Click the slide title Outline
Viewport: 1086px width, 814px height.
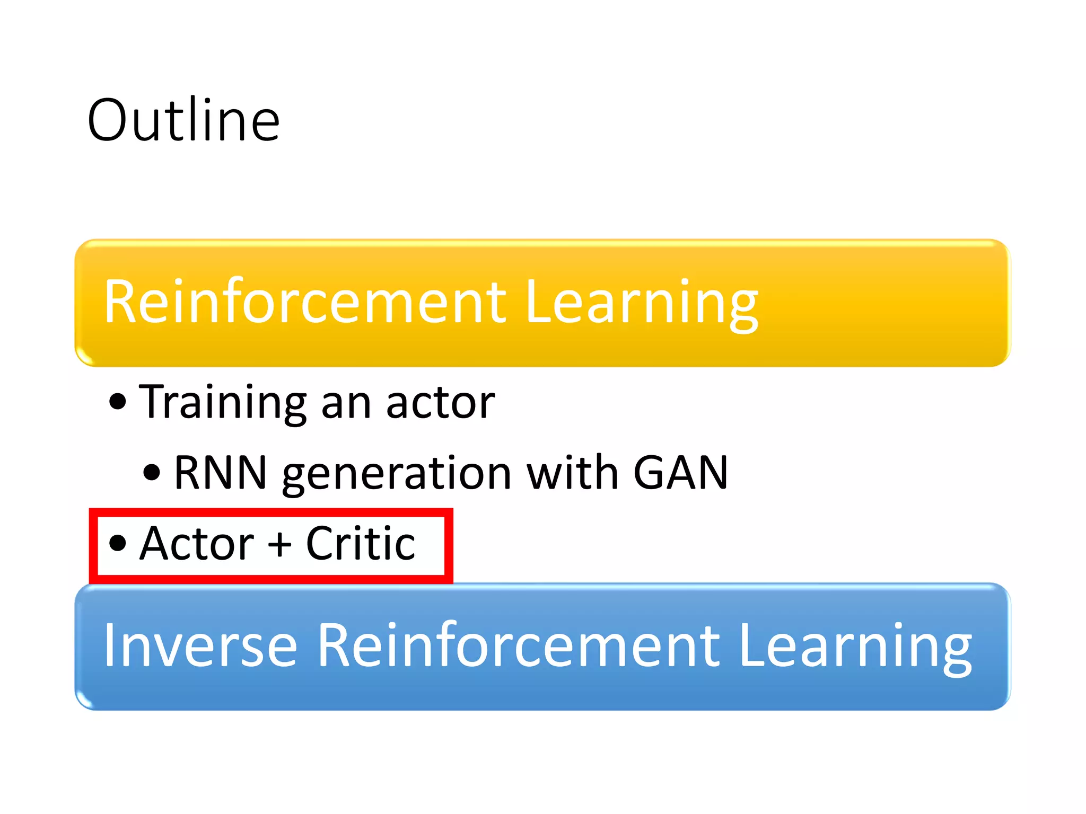point(183,121)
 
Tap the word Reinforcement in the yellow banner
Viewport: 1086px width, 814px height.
point(305,302)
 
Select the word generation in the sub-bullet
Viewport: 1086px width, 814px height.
point(397,474)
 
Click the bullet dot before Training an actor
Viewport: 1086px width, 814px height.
point(118,402)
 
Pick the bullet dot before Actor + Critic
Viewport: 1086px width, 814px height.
point(118,543)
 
